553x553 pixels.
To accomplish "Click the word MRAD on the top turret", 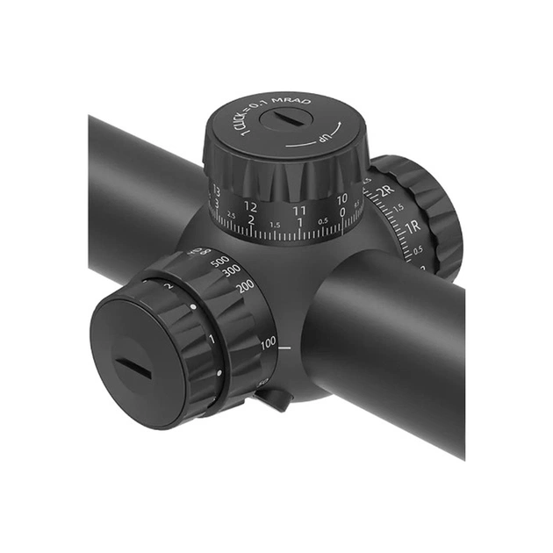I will pyautogui.click(x=289, y=104).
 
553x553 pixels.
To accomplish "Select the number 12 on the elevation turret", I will pyautogui.click(x=250, y=207).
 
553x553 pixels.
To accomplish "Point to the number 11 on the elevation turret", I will pyautogui.click(x=299, y=211).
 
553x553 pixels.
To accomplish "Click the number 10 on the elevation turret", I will pyautogui.click(x=341, y=199).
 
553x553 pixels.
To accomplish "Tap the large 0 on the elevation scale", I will pyautogui.click(x=342, y=212).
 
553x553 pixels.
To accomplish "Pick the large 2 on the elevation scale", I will pyautogui.click(x=251, y=219).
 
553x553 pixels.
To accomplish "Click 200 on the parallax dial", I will pyautogui.click(x=245, y=285).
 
